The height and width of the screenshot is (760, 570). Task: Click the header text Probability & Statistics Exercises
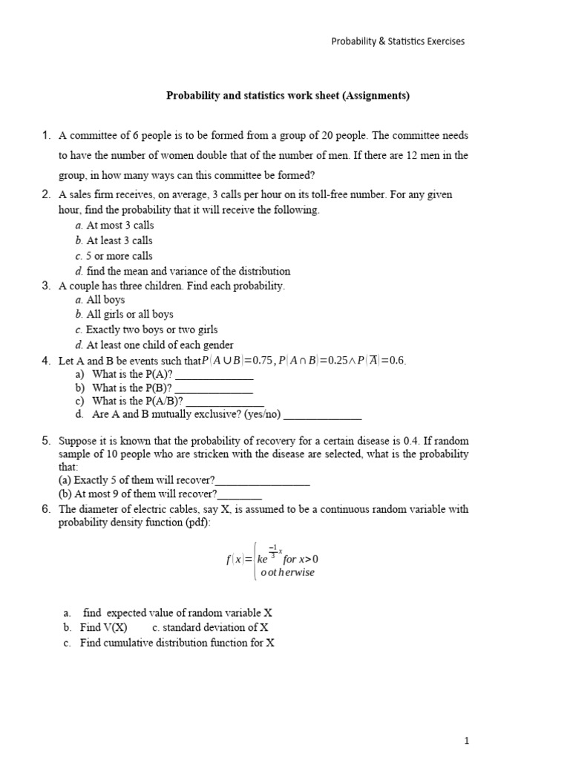(x=397, y=42)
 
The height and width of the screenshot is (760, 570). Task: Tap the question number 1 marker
(x=45, y=136)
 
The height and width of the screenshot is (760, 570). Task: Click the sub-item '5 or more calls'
(x=119, y=255)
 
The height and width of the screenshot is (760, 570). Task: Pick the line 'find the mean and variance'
(x=188, y=271)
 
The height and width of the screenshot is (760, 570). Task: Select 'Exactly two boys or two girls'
(x=151, y=330)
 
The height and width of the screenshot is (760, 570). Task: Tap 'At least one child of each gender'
(x=160, y=345)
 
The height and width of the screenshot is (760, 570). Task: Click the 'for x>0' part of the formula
(x=301, y=559)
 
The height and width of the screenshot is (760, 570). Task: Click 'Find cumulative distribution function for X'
(x=177, y=643)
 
